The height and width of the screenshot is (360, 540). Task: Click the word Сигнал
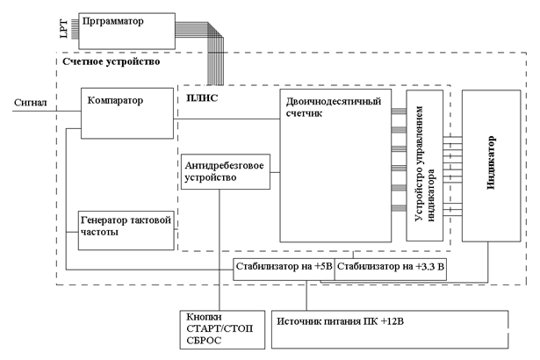point(30,103)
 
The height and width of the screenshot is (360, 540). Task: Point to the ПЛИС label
point(202,98)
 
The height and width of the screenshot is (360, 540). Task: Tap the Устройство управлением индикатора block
point(424,165)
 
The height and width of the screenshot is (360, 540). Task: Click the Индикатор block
point(491,164)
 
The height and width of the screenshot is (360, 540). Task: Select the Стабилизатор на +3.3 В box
point(391,268)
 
